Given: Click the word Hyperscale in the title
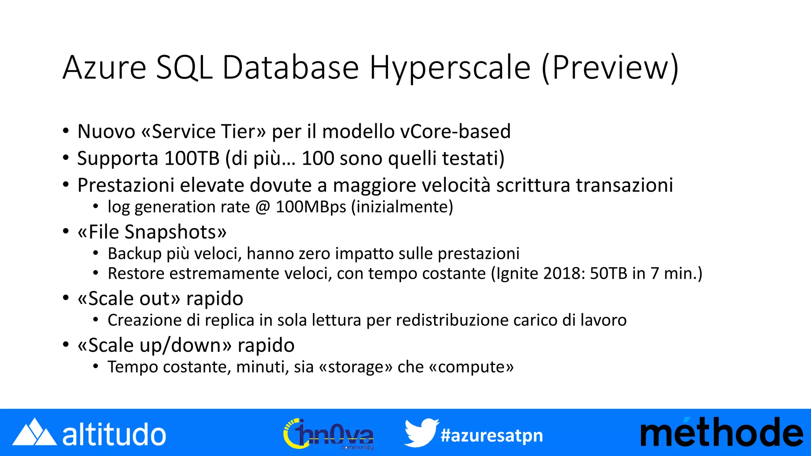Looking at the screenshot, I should [x=450, y=68].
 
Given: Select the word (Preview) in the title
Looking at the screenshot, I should [x=610, y=68].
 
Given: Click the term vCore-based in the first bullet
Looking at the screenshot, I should [x=455, y=131].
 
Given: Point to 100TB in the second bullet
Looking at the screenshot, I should [x=192, y=158].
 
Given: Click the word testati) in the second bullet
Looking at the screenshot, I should [x=473, y=158].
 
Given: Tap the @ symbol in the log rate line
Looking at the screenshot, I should [x=263, y=207].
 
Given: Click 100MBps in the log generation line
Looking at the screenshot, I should [x=311, y=207].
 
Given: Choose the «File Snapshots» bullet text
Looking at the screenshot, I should [x=152, y=232].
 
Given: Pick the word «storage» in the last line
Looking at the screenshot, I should [x=355, y=367].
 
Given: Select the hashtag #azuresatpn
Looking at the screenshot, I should [x=491, y=435].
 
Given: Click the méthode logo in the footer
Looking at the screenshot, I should [x=722, y=433].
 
